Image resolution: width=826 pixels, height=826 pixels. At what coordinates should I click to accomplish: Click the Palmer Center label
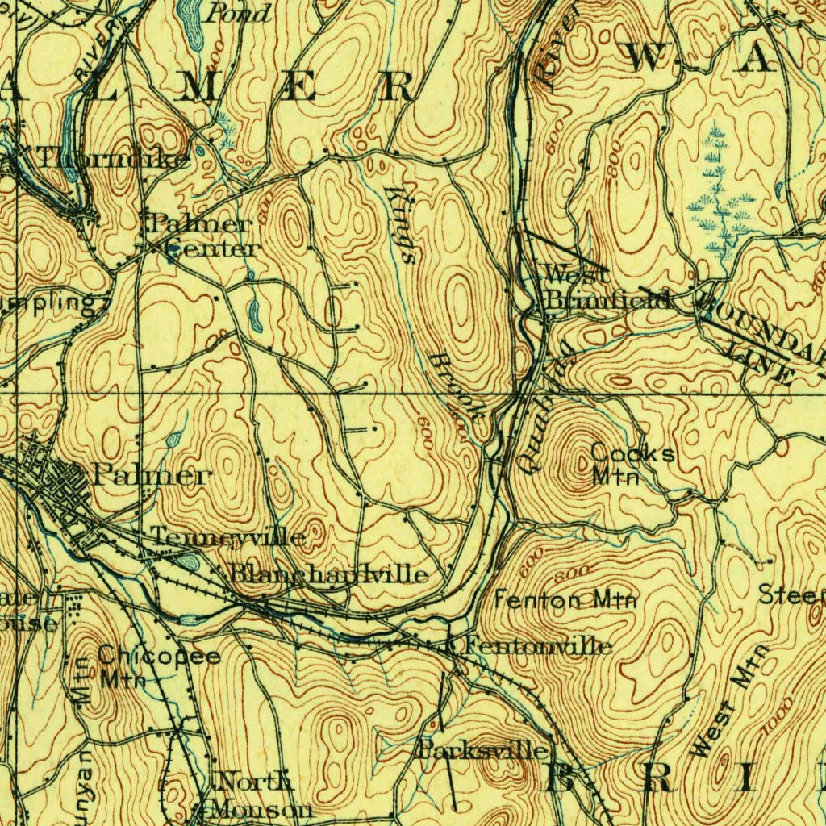(x=202, y=236)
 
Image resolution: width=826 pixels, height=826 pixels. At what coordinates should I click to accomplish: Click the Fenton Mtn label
(x=565, y=600)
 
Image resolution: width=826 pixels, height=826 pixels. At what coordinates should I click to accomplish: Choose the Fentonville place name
(x=537, y=646)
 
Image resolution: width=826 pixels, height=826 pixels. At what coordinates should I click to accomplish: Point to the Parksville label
(x=484, y=751)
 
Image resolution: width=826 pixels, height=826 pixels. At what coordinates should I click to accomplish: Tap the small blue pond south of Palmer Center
(x=255, y=315)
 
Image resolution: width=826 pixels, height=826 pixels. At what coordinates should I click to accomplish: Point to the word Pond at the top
(x=239, y=12)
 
